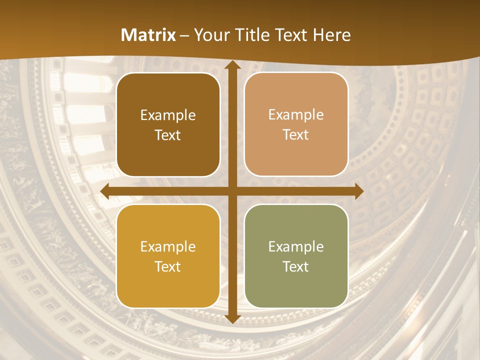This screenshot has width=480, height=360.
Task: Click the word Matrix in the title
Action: (148, 35)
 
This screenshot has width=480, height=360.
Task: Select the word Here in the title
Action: (332, 35)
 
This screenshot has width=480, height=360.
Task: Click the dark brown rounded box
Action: (168, 124)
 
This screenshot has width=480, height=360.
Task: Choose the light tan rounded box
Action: (296, 124)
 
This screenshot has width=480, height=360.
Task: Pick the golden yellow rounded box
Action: (168, 256)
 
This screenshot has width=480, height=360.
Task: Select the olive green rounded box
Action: (296, 256)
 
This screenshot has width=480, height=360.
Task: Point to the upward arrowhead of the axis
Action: (232, 66)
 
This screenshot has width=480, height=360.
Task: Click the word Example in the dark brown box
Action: (168, 115)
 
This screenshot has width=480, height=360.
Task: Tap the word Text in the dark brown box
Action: (168, 135)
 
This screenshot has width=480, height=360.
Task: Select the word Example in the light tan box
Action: (296, 115)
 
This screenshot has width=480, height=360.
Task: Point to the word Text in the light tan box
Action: (296, 135)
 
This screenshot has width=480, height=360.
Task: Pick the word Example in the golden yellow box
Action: (168, 247)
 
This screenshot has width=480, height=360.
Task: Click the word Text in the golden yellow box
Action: (168, 266)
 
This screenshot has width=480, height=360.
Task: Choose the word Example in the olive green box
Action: (296, 247)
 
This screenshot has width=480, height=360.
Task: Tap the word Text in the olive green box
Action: (296, 266)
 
